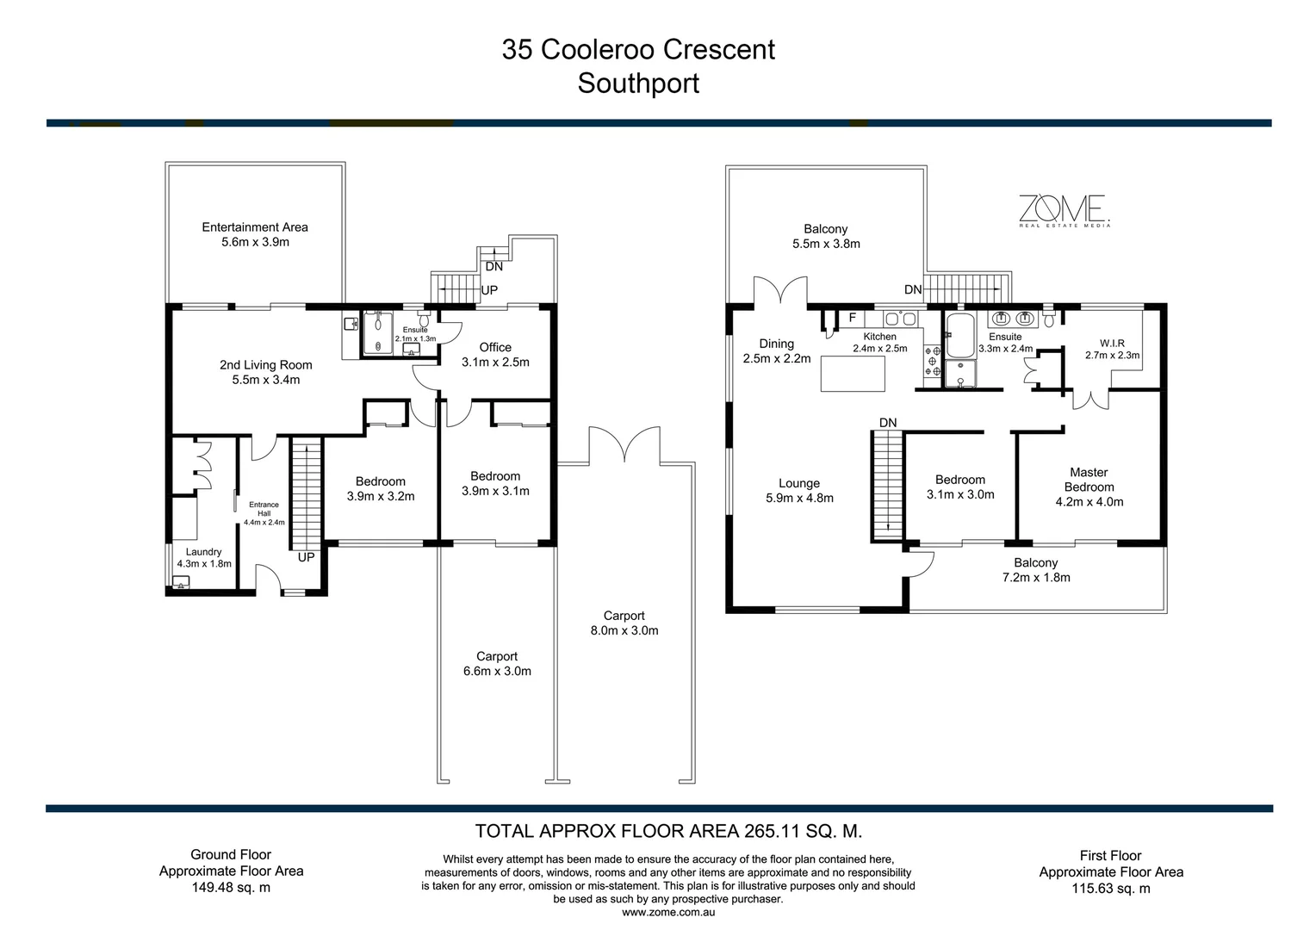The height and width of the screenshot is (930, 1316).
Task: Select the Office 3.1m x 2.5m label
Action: (495, 355)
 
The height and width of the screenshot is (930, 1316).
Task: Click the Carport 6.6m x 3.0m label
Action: (497, 663)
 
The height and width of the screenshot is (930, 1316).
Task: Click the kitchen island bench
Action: (853, 373)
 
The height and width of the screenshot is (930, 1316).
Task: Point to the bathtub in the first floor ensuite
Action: (959, 335)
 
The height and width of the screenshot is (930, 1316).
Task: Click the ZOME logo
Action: (1064, 209)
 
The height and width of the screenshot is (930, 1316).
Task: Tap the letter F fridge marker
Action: (853, 318)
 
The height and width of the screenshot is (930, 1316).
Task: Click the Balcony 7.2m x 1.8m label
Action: (1036, 569)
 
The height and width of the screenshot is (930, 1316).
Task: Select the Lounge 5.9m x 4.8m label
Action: (799, 490)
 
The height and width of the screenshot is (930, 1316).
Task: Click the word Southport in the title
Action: (638, 84)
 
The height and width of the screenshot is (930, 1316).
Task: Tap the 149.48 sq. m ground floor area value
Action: (231, 887)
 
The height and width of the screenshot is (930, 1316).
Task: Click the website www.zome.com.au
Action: (667, 912)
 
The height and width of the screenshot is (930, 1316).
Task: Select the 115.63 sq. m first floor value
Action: (1111, 888)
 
